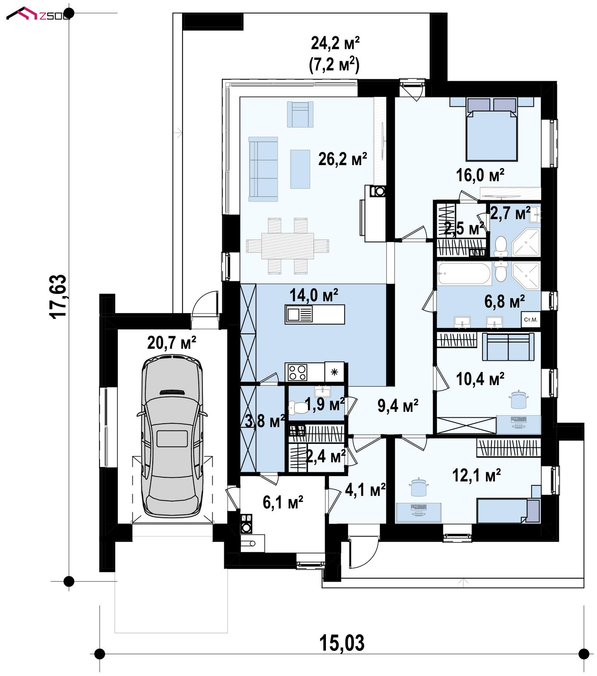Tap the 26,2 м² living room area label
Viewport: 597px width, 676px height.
coord(343,159)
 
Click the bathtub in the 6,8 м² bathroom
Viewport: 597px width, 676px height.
coord(464,274)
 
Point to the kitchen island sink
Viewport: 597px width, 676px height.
coord(294,314)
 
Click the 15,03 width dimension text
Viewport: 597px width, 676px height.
coord(342,643)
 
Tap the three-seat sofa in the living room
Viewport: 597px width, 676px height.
coord(263,169)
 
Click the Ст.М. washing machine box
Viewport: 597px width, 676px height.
coord(531,319)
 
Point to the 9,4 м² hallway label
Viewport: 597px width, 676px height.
coord(398,406)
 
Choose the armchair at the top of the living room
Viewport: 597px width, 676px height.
coord(300,114)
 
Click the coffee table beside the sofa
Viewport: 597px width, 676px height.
coord(300,169)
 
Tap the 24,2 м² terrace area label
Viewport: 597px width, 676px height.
coord(336,43)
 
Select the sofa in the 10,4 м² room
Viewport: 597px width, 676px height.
coord(508,347)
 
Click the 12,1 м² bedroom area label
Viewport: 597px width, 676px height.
coord(476,475)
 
